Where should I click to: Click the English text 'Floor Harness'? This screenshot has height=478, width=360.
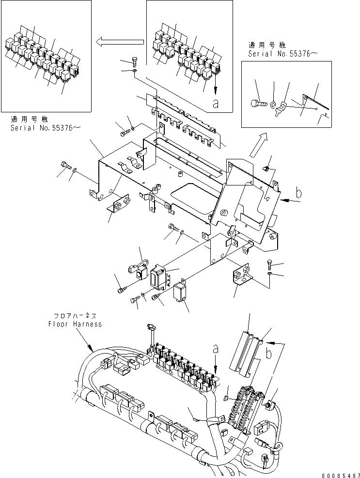tap(75, 324)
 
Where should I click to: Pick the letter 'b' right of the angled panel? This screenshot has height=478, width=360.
tap(298, 193)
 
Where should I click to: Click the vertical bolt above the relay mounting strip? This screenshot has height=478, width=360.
tap(134, 62)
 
